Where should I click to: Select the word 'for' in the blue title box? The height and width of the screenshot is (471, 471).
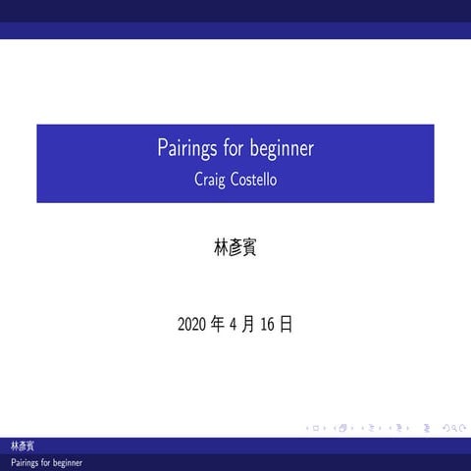233,150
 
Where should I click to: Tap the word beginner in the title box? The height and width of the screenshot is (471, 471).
282,150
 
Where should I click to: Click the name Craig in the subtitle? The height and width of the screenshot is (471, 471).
211,180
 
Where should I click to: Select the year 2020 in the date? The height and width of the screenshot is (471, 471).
193,324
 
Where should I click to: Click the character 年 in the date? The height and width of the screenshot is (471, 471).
218,324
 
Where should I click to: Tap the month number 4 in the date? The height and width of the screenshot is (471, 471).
234,324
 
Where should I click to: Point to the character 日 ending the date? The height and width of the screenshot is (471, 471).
286,324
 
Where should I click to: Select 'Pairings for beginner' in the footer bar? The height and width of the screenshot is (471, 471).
46,462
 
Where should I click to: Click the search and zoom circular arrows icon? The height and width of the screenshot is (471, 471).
455,429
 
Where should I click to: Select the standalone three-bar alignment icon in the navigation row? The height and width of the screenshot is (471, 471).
427,429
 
